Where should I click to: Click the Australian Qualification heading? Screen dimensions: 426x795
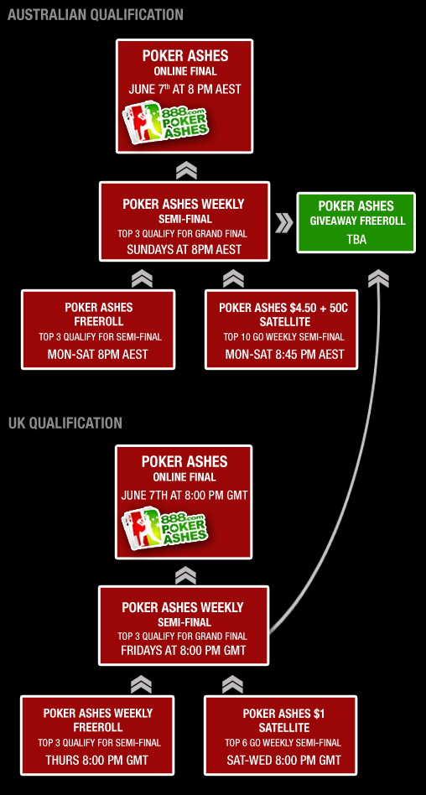coord(96,15)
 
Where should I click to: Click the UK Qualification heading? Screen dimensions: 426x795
coord(65,423)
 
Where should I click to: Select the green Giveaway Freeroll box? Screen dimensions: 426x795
coord(356,222)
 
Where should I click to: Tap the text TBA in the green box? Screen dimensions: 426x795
coord(356,239)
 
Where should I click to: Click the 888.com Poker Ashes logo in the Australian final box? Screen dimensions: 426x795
coord(167,121)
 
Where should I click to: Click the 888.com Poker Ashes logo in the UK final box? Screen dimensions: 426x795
coord(165,527)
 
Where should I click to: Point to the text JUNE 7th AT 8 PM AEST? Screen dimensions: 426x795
coord(184,89)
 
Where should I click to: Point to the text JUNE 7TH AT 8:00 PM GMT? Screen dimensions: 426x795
coord(184,495)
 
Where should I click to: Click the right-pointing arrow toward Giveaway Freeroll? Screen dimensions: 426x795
coord(284,223)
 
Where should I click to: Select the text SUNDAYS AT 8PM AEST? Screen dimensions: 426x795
coord(184,249)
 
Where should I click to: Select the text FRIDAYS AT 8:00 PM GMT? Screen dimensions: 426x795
coord(183,650)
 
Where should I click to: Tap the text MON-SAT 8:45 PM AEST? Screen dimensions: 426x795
coord(284,354)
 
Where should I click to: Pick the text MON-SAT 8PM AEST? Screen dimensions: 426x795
coord(98,354)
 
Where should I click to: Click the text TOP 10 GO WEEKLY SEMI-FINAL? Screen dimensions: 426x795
coord(283,336)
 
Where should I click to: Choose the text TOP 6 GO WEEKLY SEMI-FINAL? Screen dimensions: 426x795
coord(283,743)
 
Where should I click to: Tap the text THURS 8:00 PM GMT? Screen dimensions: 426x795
coord(97,760)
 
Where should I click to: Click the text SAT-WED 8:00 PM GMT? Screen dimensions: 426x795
coord(283,760)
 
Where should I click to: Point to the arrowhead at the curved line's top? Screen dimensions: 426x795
coord(379,278)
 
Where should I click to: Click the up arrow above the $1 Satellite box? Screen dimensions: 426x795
coord(232,684)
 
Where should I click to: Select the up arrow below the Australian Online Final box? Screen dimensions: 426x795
coord(186,171)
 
